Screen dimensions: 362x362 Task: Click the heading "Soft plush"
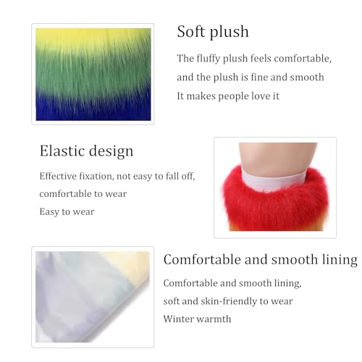coord(213,32)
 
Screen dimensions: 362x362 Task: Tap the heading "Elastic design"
coord(86,151)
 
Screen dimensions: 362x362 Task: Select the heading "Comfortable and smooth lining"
coord(260,259)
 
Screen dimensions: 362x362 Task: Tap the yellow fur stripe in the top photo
coord(93,41)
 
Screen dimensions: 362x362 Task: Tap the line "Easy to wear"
coord(67,211)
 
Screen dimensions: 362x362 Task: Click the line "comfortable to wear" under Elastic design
coord(83,193)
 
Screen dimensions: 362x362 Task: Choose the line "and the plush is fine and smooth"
coord(250,77)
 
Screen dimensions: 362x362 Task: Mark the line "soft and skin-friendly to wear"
coord(228,300)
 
